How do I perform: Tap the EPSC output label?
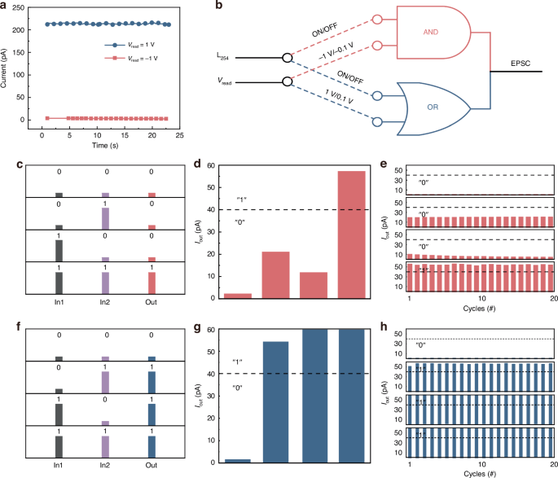tap(521, 63)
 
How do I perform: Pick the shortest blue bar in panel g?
tap(237, 460)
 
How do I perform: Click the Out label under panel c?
tap(152, 308)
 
